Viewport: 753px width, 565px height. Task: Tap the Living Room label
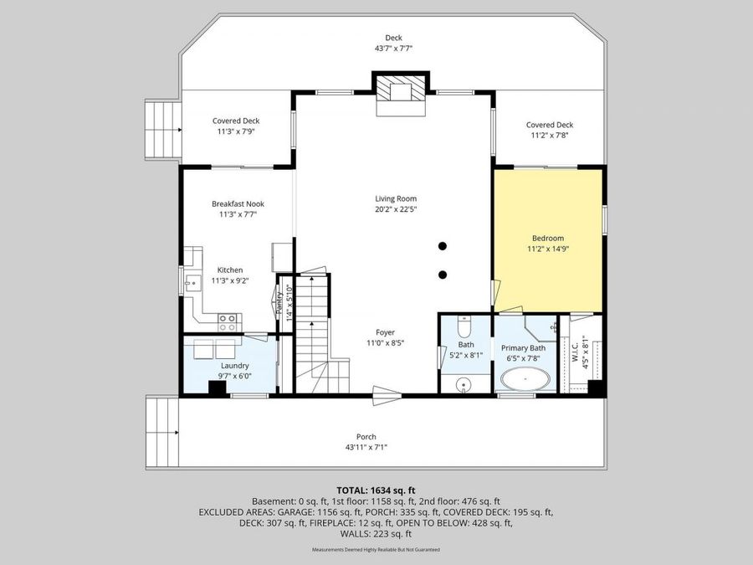pos(395,198)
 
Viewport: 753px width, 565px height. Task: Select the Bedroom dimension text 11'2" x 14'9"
pos(548,249)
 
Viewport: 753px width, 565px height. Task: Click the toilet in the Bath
pos(466,326)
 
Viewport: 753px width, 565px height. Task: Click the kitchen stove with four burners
pos(227,318)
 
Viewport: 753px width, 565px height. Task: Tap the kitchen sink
pos(192,284)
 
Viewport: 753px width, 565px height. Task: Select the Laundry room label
pos(234,366)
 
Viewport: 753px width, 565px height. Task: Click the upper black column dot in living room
pos(443,246)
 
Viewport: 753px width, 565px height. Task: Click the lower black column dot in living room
pos(443,275)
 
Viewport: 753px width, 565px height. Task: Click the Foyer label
pos(385,332)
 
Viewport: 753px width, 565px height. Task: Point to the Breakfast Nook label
pos(238,203)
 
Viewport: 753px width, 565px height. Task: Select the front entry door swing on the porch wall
pos(386,390)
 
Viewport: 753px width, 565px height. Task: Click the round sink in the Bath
pos(466,384)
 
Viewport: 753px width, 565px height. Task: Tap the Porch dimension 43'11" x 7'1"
pos(366,447)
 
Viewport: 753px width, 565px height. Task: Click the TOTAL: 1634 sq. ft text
pos(376,491)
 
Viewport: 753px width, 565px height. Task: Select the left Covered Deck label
pos(235,121)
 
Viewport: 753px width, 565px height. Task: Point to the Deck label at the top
pos(393,38)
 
